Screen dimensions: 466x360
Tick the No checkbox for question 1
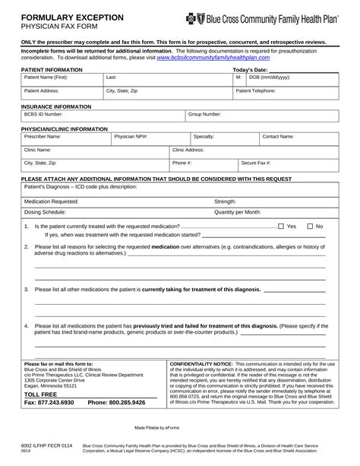[x=310, y=227]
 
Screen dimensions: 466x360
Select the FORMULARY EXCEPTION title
[x=62, y=16]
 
